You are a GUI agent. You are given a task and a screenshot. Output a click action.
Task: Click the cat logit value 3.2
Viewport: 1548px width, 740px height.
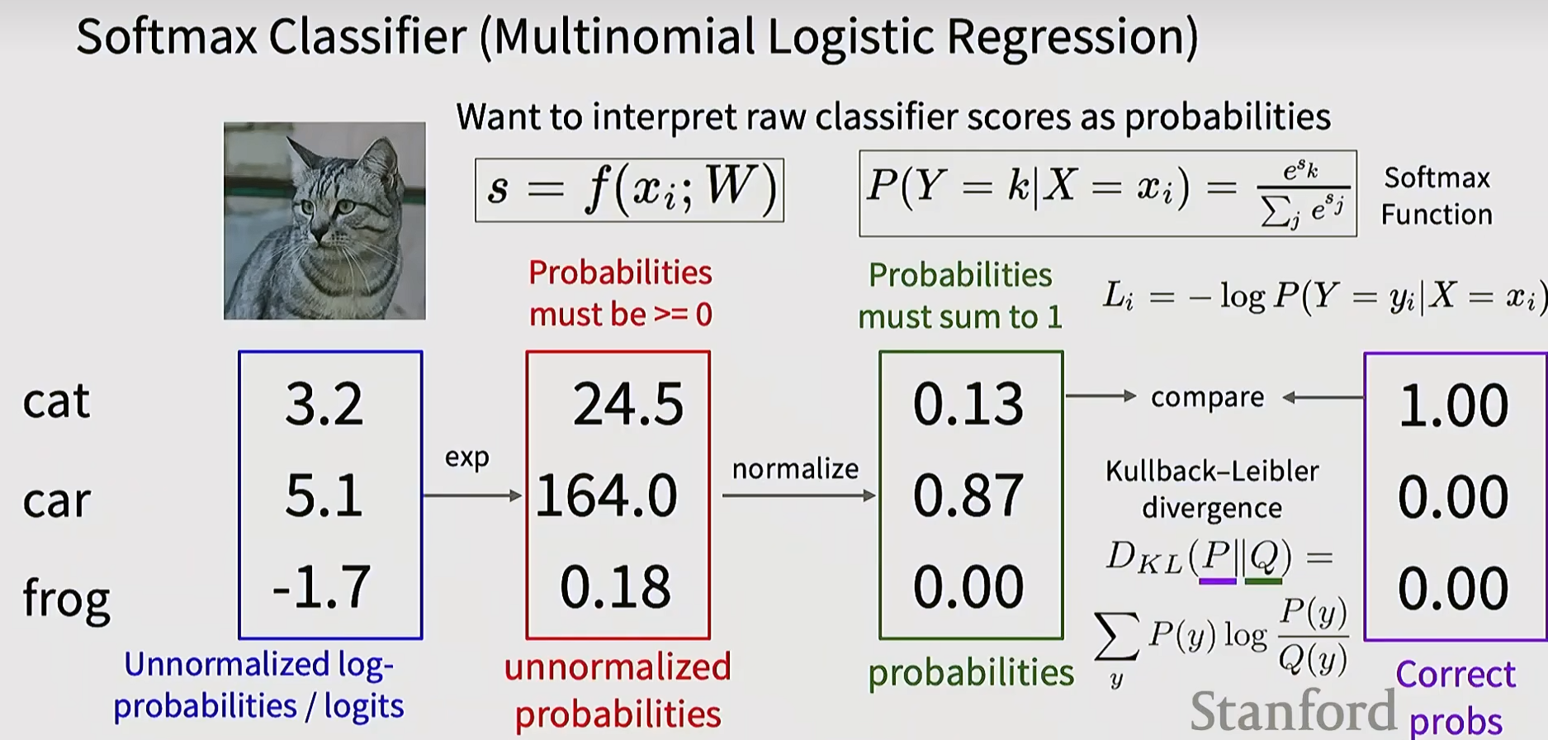[324, 404]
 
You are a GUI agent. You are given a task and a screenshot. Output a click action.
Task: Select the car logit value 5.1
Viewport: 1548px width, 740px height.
[324, 496]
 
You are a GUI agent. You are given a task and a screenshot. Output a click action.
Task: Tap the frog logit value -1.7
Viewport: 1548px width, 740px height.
[321, 586]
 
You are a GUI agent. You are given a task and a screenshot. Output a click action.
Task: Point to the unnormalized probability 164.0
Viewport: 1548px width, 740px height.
[607, 496]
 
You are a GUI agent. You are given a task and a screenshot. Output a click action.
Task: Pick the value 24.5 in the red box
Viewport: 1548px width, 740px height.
[628, 405]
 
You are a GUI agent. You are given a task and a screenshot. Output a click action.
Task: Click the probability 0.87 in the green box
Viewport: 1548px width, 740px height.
[968, 496]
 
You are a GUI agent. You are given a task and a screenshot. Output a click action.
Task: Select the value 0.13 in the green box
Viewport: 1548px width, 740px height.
[968, 404]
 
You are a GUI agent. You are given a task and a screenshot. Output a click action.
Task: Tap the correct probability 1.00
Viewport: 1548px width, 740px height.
[1454, 406]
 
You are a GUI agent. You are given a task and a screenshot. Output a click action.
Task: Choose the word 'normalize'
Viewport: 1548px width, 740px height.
[795, 469]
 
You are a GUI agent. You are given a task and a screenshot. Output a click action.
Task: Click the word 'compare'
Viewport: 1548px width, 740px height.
[1207, 398]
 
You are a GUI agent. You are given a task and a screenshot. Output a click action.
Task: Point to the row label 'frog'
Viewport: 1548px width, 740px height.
[66, 598]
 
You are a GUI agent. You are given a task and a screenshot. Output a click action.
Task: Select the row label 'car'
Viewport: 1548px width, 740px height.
[56, 501]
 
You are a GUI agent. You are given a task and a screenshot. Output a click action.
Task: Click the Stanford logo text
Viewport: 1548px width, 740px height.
[1293, 710]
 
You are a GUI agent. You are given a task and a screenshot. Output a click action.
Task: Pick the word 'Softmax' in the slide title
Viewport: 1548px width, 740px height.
[168, 37]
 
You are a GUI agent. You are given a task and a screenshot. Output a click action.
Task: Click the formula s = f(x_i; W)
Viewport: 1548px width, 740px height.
[629, 191]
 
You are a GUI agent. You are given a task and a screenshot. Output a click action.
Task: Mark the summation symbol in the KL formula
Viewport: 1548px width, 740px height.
[1117, 637]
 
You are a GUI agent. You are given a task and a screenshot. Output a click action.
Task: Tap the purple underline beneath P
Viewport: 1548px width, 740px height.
[1218, 581]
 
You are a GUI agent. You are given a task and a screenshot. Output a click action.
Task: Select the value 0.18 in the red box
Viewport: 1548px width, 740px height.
[615, 587]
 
